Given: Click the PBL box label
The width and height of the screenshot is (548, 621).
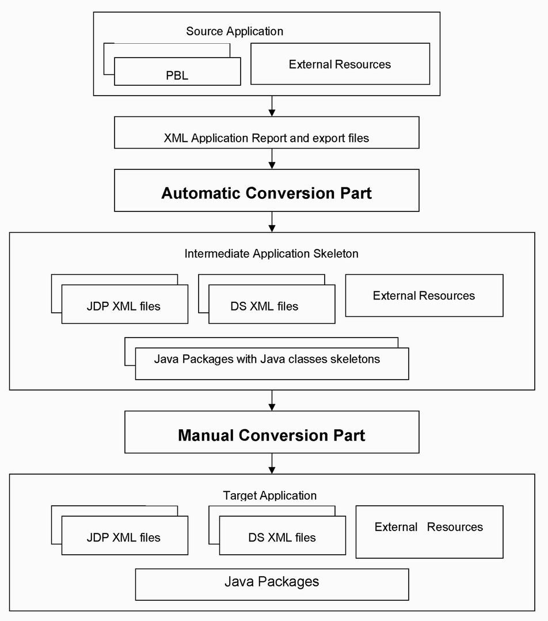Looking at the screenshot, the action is (177, 75).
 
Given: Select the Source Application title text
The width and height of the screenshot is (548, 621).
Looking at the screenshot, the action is (235, 31).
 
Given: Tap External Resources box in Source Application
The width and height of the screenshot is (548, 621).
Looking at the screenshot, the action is (340, 64).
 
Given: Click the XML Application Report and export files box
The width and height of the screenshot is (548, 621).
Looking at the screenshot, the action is (267, 132).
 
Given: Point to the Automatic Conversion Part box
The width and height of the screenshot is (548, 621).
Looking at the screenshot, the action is (267, 191).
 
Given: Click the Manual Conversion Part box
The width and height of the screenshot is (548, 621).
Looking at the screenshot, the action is (272, 432).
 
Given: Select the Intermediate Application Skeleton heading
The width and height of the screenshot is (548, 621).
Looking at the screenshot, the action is (272, 253).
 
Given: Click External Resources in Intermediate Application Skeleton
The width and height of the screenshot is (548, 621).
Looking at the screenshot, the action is (424, 296).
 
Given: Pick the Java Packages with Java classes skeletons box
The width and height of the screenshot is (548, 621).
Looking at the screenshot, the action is (272, 363).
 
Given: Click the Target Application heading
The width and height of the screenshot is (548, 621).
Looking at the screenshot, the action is (270, 495).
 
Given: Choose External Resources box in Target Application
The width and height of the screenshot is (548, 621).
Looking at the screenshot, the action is (429, 532).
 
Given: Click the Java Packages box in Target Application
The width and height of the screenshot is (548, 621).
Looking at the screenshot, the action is (272, 585).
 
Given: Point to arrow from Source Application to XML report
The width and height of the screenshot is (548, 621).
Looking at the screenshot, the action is (272, 106).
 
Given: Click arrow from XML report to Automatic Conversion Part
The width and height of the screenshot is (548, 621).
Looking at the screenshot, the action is (272, 159).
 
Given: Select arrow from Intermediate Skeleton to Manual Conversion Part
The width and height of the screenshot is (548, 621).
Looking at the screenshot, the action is (272, 400).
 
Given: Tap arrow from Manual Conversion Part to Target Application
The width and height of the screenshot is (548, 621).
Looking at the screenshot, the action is (272, 463).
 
